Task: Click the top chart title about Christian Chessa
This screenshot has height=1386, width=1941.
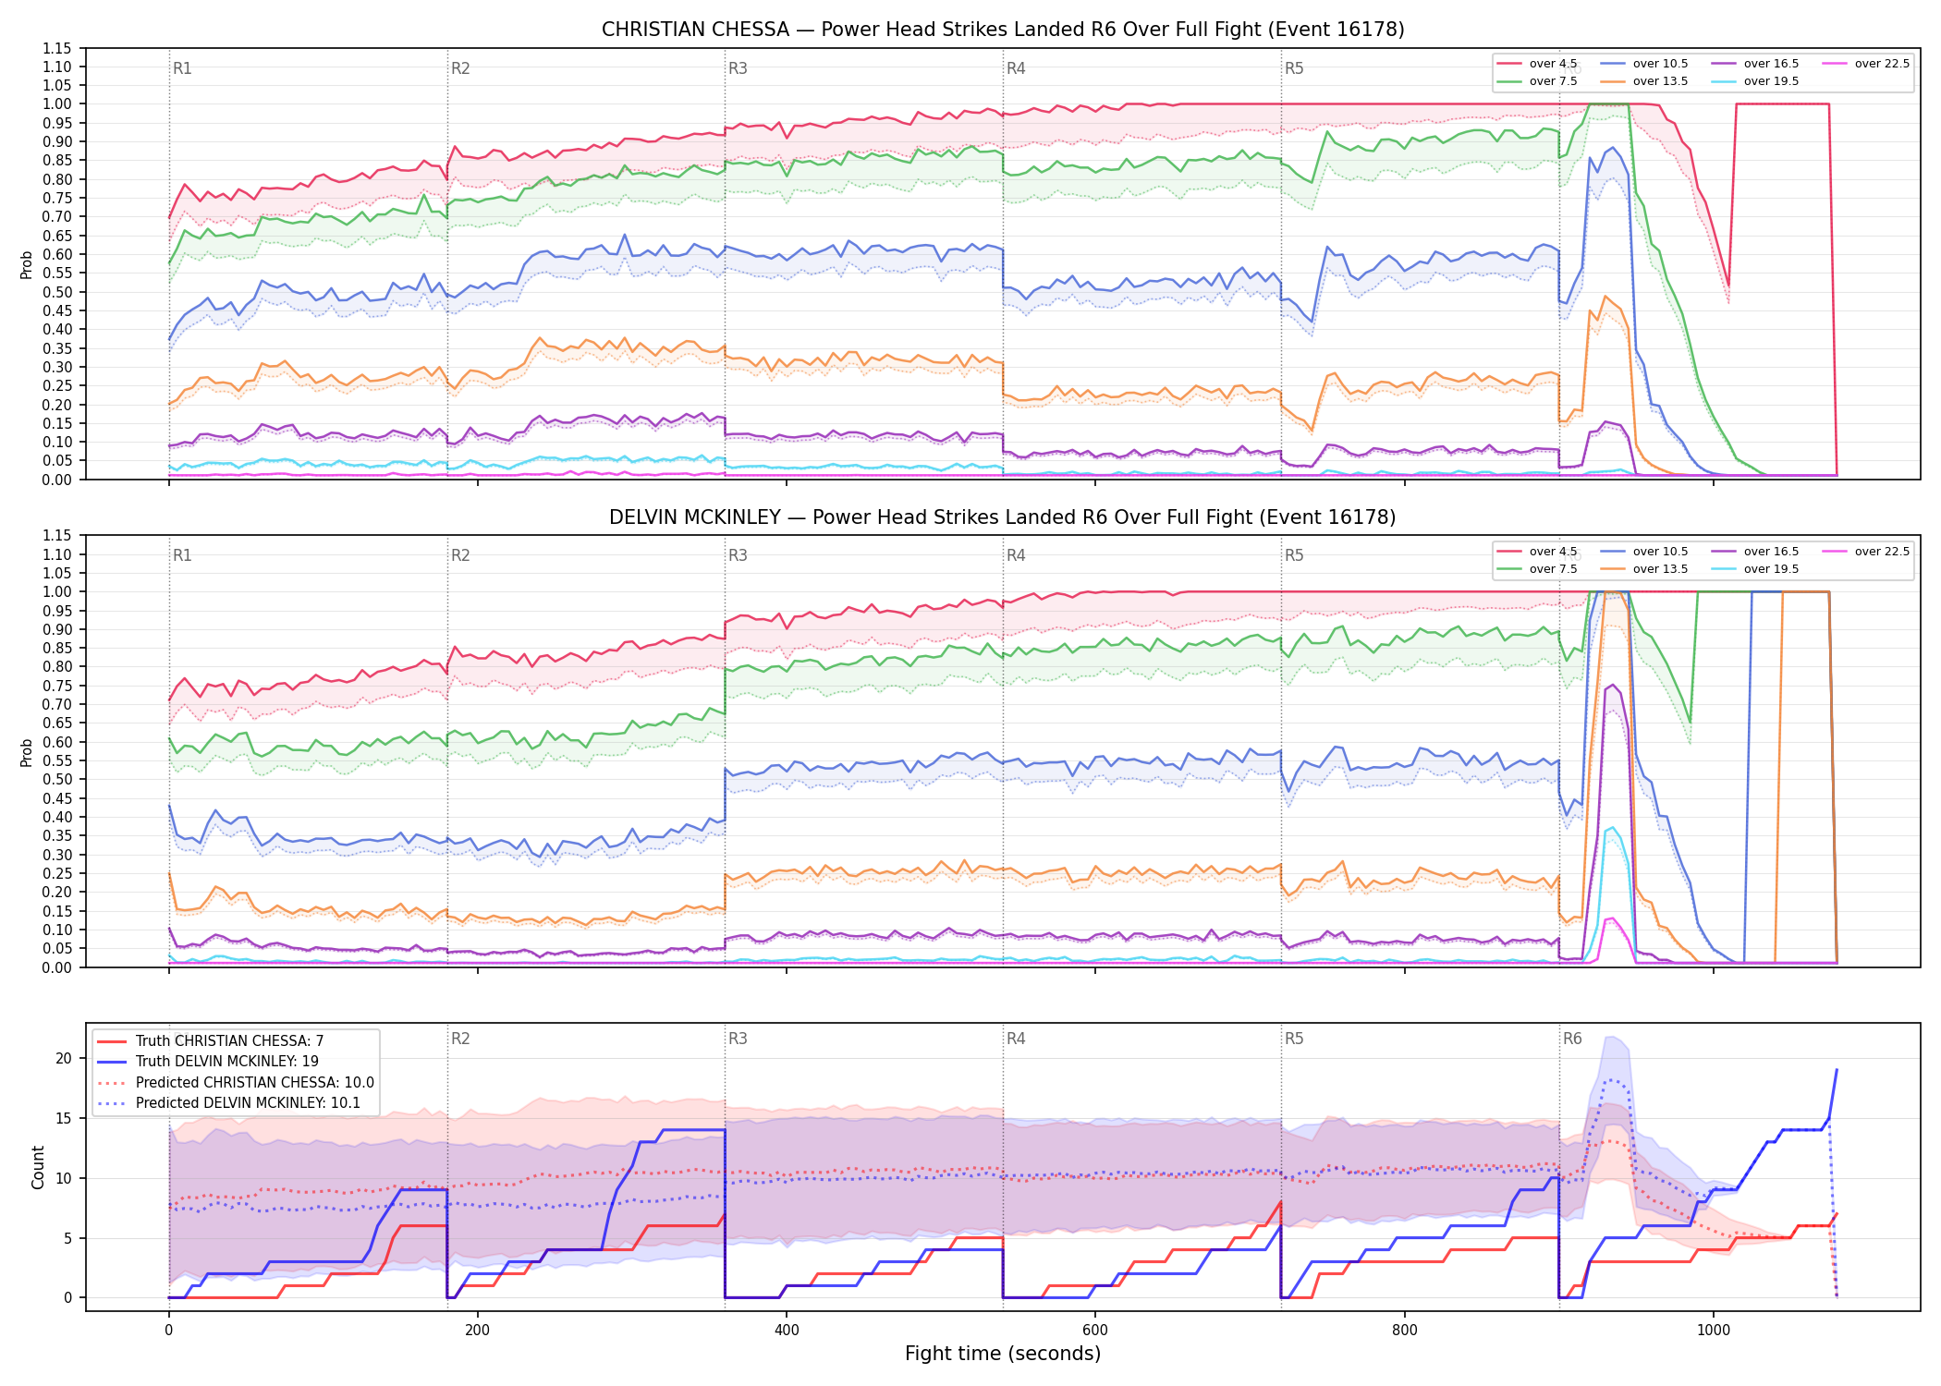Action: (x=1003, y=30)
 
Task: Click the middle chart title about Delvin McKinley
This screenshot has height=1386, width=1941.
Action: (x=1003, y=517)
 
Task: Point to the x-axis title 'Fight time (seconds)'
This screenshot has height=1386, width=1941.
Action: (x=1003, y=1354)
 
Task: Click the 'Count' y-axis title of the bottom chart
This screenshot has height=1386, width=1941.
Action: (x=38, y=1167)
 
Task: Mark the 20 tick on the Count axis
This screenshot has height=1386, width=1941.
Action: (x=64, y=1059)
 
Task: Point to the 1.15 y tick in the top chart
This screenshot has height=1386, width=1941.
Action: (x=57, y=48)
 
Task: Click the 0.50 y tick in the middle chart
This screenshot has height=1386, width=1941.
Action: (x=57, y=779)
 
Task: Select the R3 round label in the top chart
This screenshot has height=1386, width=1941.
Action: (x=738, y=68)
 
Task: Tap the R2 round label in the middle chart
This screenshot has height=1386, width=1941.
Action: (x=460, y=555)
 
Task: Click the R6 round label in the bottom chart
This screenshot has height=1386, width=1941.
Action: (x=1572, y=1039)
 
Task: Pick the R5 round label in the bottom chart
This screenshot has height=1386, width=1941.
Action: (x=1294, y=1039)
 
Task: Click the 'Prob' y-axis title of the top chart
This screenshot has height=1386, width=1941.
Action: (x=27, y=265)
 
